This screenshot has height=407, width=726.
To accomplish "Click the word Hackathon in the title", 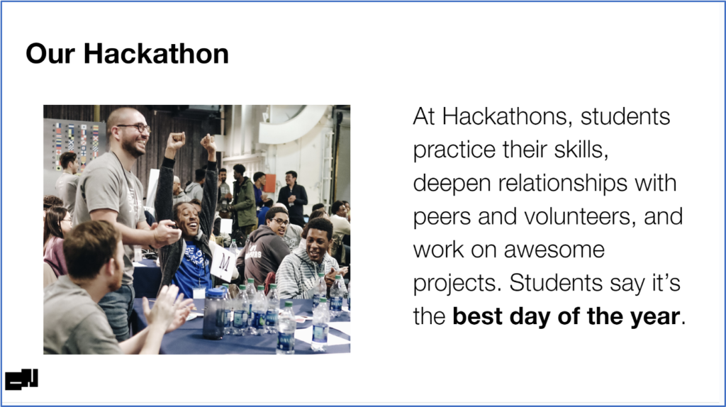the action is coord(156,53).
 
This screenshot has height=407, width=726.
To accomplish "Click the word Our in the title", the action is coord(50,54).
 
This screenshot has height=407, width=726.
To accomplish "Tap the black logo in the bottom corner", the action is coord(22,379).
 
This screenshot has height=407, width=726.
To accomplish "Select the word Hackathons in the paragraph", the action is coord(504,116).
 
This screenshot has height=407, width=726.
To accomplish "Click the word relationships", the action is coord(562,184).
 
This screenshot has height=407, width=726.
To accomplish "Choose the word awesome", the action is coord(554,250).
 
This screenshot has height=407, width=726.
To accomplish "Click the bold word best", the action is coord(477,316).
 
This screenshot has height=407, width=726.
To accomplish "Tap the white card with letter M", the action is coord(223,263).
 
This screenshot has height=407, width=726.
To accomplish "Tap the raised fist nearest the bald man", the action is coord(176,140).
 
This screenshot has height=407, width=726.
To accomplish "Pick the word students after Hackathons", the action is coord(625,116).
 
